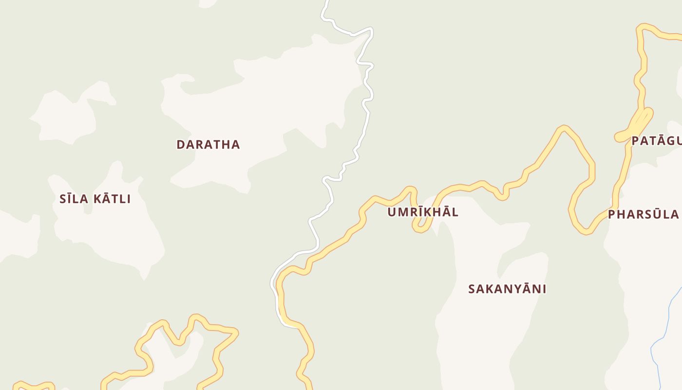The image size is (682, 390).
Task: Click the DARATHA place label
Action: (x=208, y=144)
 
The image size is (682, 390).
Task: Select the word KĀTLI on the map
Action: (x=113, y=199)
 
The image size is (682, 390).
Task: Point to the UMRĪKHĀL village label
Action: (x=423, y=212)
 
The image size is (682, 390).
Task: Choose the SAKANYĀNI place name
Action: (x=507, y=289)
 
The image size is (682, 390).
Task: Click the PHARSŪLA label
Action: (x=643, y=214)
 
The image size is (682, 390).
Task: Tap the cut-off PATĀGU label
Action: (x=656, y=141)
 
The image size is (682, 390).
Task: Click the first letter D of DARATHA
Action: (x=180, y=144)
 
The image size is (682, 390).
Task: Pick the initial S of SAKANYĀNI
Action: (x=472, y=289)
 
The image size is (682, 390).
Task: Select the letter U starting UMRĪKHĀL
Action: (x=391, y=212)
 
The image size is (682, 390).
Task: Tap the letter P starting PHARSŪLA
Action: (x=612, y=214)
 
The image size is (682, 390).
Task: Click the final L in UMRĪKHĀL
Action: (x=455, y=212)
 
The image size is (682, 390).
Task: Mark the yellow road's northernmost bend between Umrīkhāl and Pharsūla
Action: (x=564, y=129)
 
